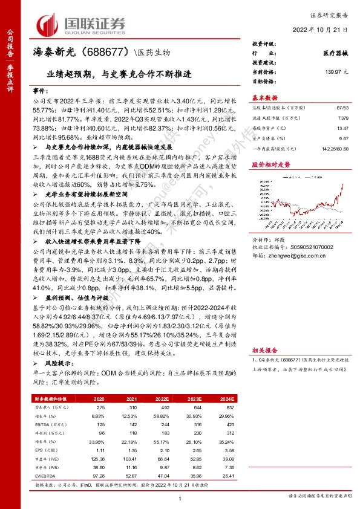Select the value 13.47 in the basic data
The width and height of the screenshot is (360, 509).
(x=342, y=128)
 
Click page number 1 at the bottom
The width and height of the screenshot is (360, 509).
(x=180, y=498)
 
